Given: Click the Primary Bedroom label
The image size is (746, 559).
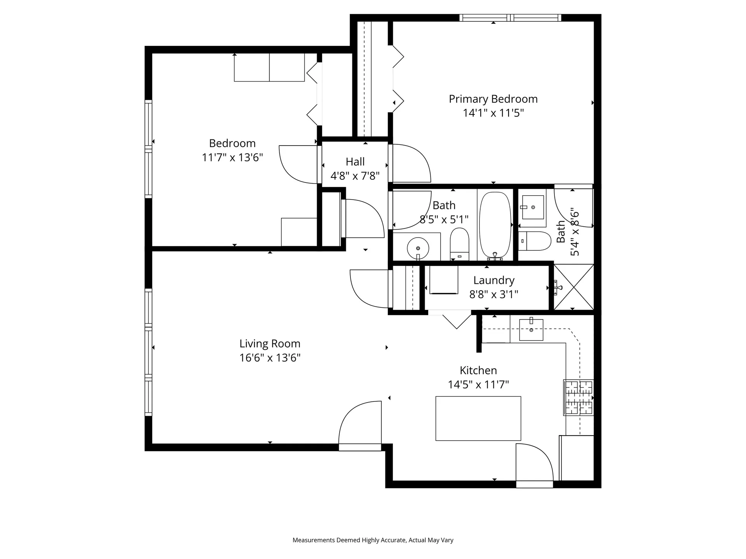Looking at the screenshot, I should (493, 99).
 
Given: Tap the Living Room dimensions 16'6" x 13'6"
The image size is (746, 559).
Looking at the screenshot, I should (270, 358).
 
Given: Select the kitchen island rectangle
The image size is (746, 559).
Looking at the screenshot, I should (478, 418).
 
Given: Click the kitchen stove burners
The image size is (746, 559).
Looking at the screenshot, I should (579, 398).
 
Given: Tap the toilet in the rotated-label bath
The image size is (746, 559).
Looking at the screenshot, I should (535, 241).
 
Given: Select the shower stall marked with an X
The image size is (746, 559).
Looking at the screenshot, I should (573, 287).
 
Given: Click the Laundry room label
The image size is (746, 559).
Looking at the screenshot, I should (493, 280).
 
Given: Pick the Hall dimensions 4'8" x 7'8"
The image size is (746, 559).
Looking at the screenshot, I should (355, 176).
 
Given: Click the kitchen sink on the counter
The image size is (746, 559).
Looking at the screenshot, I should (531, 330).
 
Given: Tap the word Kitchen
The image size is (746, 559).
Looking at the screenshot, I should (478, 370).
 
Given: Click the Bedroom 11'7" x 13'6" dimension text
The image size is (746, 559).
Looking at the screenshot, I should (232, 157).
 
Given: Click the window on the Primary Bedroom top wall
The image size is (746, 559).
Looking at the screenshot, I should (510, 17).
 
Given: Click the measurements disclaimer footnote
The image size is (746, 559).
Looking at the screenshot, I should (373, 540).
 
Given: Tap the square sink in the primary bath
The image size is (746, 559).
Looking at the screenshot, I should (533, 207).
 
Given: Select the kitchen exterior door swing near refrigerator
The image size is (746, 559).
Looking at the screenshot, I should (534, 463).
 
